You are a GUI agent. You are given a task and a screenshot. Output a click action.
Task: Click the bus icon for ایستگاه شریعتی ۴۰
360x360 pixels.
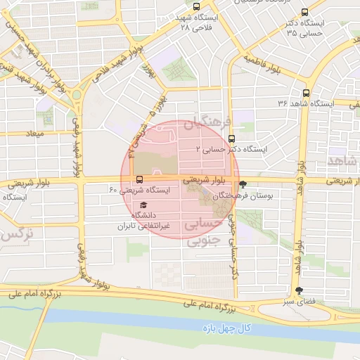[x=139, y=180]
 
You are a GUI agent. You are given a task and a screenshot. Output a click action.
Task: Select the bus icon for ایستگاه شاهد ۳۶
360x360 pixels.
[x=305, y=93]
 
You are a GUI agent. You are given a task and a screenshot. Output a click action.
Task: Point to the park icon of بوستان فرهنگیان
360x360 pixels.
[x=243, y=185]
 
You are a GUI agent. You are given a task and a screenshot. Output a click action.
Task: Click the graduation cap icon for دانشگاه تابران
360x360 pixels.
[x=134, y=205]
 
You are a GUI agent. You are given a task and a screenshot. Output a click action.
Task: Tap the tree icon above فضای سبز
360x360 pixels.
[x=300, y=290]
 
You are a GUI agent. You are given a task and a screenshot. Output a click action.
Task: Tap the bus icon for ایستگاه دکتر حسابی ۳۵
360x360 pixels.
[x=304, y=13]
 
